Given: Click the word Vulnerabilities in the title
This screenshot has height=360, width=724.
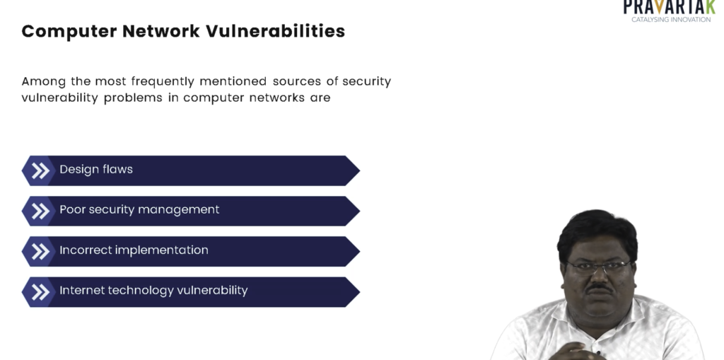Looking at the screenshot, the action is pos(275,31).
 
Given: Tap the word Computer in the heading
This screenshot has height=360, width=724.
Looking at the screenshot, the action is pos(69,31).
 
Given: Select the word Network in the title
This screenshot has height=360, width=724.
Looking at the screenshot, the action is pos(161,31).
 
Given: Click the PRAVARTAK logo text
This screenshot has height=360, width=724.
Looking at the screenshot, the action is pos(669,7).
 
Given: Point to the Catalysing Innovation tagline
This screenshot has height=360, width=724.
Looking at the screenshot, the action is pos(671,19).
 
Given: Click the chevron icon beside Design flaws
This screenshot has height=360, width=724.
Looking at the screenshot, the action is pos(40,170).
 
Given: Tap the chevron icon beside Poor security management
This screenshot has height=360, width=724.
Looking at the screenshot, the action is pos(40,211).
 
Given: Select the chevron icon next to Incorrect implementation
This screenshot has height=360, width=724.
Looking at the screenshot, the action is pos(40,251).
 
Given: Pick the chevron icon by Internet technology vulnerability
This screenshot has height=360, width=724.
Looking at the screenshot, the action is pos(40,292).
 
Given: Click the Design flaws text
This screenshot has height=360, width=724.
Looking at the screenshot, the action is pos(96,170).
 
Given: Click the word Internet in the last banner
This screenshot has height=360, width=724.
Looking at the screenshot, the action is pos(77,290).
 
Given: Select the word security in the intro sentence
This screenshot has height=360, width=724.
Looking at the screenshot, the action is pos(367,81).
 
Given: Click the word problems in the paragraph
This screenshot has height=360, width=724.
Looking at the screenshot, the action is pos(133,98).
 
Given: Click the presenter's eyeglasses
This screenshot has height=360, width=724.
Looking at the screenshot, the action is pos(598,266).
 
